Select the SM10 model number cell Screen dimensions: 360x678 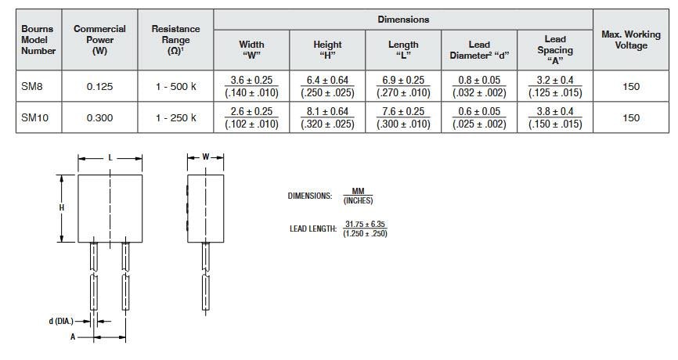click(34, 117)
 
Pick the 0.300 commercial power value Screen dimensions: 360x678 click(99, 117)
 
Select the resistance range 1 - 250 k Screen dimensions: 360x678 click(175, 117)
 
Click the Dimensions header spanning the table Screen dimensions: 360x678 click(403, 20)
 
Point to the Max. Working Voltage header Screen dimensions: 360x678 click(631, 40)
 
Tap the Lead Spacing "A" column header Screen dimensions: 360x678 click(554, 50)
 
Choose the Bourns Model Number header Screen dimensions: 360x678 click(38, 40)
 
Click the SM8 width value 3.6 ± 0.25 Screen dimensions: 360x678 click(251, 81)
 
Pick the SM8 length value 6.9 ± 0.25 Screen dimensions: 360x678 click(403, 81)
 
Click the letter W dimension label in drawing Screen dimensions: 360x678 click(205, 157)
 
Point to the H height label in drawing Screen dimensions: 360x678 click(61, 207)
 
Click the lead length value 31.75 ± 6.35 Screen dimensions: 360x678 click(366, 225)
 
